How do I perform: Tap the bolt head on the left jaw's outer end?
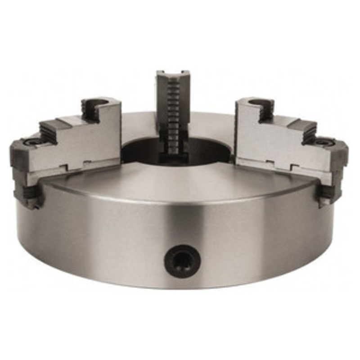pyautogui.click(x=31, y=142)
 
